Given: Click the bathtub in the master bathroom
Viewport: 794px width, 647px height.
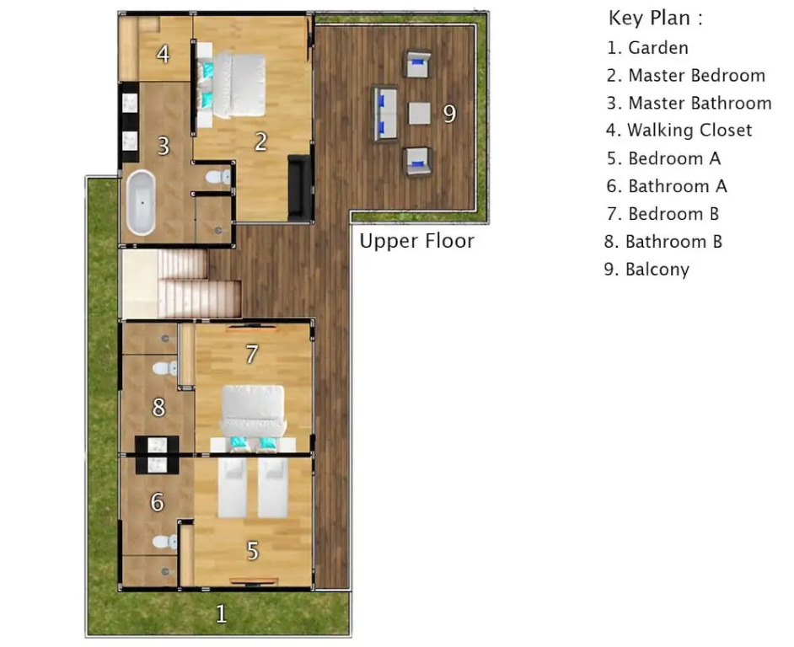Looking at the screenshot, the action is (x=141, y=203).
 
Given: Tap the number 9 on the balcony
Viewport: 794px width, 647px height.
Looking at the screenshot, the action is (x=449, y=114).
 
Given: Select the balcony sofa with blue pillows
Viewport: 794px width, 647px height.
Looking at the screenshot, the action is (x=386, y=114).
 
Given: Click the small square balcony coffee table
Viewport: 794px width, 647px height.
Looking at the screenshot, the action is (x=419, y=114).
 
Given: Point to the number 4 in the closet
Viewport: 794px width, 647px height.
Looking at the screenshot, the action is (x=163, y=54).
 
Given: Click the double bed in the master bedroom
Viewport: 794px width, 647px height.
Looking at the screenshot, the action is (x=236, y=85).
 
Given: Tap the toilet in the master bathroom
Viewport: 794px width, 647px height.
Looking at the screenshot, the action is (x=219, y=177).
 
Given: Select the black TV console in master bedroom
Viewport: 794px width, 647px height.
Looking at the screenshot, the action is (x=299, y=188).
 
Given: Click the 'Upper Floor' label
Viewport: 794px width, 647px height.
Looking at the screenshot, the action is (x=416, y=241).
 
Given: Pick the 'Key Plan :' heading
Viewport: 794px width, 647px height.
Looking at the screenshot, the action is (x=656, y=19).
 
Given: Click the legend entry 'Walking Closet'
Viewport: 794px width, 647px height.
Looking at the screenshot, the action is (x=679, y=131).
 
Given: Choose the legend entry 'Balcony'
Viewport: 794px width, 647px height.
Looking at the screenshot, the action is (x=646, y=270).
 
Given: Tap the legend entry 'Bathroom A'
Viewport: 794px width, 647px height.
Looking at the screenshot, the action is (x=667, y=186).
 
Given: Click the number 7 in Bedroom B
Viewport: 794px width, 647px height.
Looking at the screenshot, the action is (x=252, y=355).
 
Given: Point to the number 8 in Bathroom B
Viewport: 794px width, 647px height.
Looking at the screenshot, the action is (x=158, y=408).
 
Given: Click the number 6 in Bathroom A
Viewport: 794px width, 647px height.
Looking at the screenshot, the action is (x=158, y=502).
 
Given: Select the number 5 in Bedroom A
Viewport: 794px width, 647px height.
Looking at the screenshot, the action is (x=253, y=551).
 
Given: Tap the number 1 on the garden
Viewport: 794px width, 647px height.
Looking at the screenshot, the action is (x=221, y=614).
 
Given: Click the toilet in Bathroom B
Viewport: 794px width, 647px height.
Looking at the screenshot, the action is (x=165, y=368).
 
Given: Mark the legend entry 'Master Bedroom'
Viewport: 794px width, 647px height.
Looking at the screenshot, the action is (x=686, y=76).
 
